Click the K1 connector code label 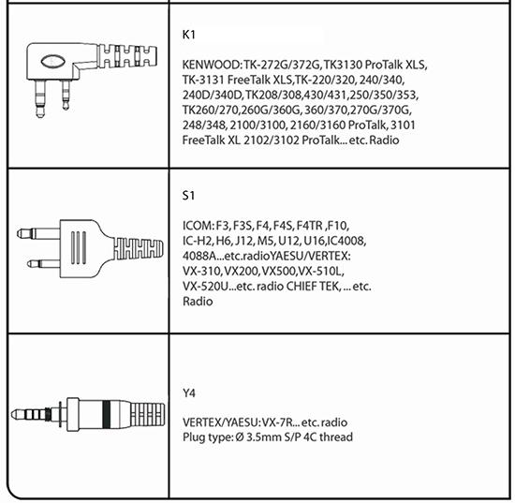point(188,35)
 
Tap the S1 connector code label point(188,196)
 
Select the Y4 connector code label point(189,392)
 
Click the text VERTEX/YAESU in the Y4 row point(221,422)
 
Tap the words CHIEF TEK point(312,287)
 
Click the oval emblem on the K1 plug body point(52,61)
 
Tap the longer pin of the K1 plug point(40,98)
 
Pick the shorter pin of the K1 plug point(66,95)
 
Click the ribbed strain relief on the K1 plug point(127,56)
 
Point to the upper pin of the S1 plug point(38,233)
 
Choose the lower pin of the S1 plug point(43,263)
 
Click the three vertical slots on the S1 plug point(79,247)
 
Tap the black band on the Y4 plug point(106,414)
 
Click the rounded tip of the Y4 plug point(15,414)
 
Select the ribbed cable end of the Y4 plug point(148,414)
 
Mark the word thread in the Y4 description point(336,437)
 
